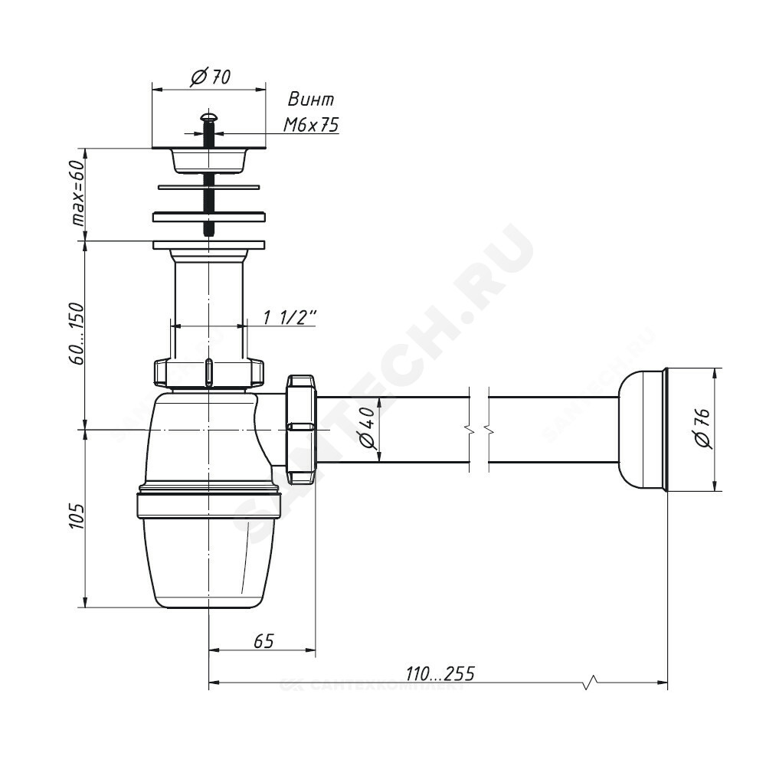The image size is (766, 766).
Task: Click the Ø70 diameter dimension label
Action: [210, 77]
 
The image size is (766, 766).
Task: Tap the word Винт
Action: [311, 99]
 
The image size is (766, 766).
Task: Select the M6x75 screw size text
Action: [311, 125]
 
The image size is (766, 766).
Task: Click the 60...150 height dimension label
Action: [77, 334]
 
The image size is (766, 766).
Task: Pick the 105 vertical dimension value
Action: [77, 516]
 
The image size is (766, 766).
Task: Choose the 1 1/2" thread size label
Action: [290, 318]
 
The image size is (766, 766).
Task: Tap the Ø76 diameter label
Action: [702, 429]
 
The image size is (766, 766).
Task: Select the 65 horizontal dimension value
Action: [264, 640]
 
